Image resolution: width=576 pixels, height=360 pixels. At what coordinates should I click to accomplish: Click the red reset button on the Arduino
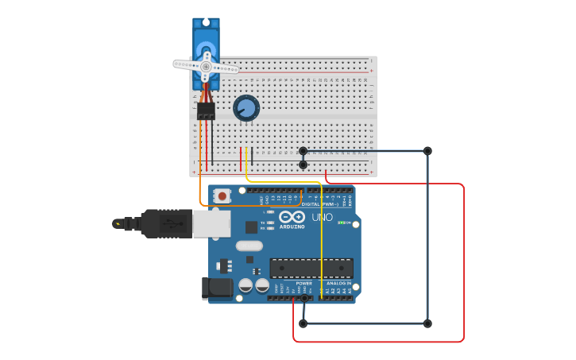pyautogui.click(x=222, y=195)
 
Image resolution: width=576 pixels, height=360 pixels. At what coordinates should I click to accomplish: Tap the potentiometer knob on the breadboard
pyautogui.click(x=246, y=108)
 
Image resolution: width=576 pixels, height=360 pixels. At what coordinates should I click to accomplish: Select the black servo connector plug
pyautogui.click(x=206, y=111)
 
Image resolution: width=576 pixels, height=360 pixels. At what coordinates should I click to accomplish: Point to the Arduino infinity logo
pyautogui.click(x=291, y=216)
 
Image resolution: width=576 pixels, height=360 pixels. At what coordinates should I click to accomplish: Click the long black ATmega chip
pyautogui.click(x=311, y=269)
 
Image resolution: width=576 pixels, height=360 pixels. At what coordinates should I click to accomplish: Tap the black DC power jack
pyautogui.click(x=216, y=288)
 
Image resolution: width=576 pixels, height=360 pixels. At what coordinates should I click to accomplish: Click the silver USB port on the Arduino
pyautogui.click(x=211, y=224)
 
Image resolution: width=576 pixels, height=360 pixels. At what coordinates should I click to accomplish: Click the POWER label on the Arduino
pyautogui.click(x=303, y=283)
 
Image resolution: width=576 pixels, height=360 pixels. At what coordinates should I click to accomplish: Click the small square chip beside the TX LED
pyautogui.click(x=252, y=226)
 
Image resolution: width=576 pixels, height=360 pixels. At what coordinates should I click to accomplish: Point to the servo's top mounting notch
pyautogui.click(x=206, y=21)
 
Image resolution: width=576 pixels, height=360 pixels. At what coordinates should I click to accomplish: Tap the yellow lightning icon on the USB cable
pyautogui.click(x=119, y=223)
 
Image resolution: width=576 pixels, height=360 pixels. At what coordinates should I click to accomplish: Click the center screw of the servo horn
pyautogui.click(x=206, y=67)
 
